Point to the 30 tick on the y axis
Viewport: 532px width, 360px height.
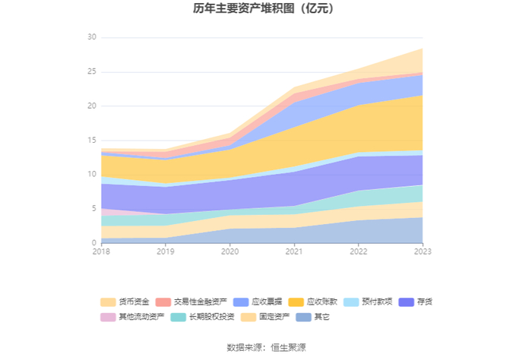92,37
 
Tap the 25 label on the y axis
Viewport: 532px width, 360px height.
92,71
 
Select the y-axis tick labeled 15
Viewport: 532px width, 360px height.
92,140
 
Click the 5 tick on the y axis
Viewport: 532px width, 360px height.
94,208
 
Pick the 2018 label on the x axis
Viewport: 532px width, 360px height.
101,251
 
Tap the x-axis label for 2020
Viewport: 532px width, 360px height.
230,251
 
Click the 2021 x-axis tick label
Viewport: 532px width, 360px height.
294,251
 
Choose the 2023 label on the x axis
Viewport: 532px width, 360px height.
423,251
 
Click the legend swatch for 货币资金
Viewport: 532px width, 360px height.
108,302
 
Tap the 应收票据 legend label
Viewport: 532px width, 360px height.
267,302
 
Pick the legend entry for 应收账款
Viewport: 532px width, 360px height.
322,302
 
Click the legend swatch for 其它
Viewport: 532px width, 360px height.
303,317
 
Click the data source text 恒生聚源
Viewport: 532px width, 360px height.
288,347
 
